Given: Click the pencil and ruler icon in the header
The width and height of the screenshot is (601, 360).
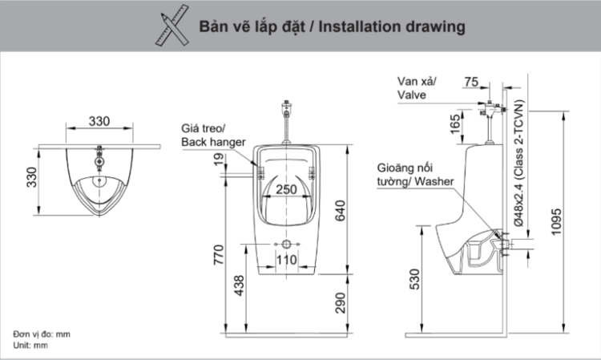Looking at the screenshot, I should pos(166,26).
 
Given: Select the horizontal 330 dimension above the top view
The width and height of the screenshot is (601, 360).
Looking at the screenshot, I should pos(99,121).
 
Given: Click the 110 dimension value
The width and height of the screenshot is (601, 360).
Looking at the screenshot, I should pos(286,260).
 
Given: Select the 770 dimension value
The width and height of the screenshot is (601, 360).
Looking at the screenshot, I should pos(219,256).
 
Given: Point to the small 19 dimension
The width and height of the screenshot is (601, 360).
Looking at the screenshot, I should pos(220,161).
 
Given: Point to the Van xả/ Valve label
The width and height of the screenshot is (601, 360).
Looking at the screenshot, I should pos(417,87).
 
